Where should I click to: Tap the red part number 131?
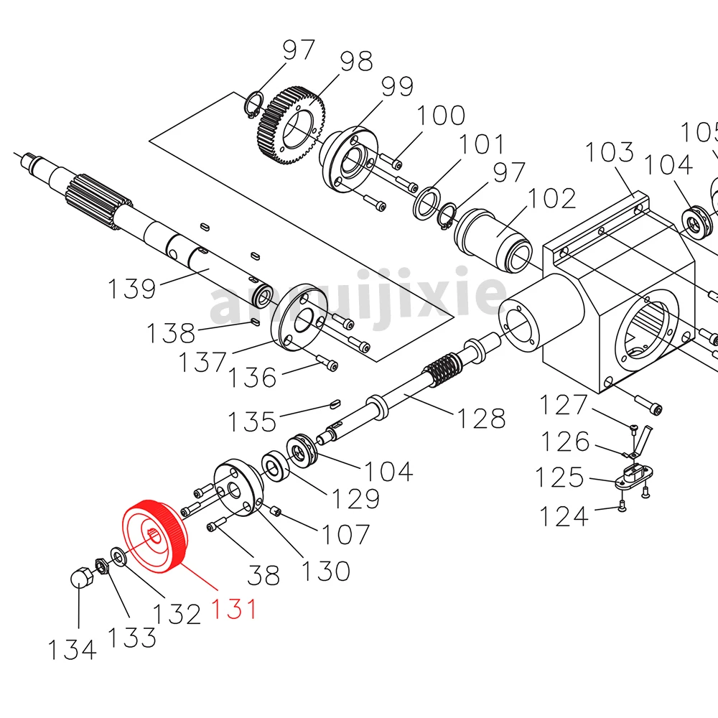233,609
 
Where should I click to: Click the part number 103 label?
610,154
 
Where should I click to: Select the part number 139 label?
132,289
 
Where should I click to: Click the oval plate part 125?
631,476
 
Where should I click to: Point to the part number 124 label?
564,516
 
